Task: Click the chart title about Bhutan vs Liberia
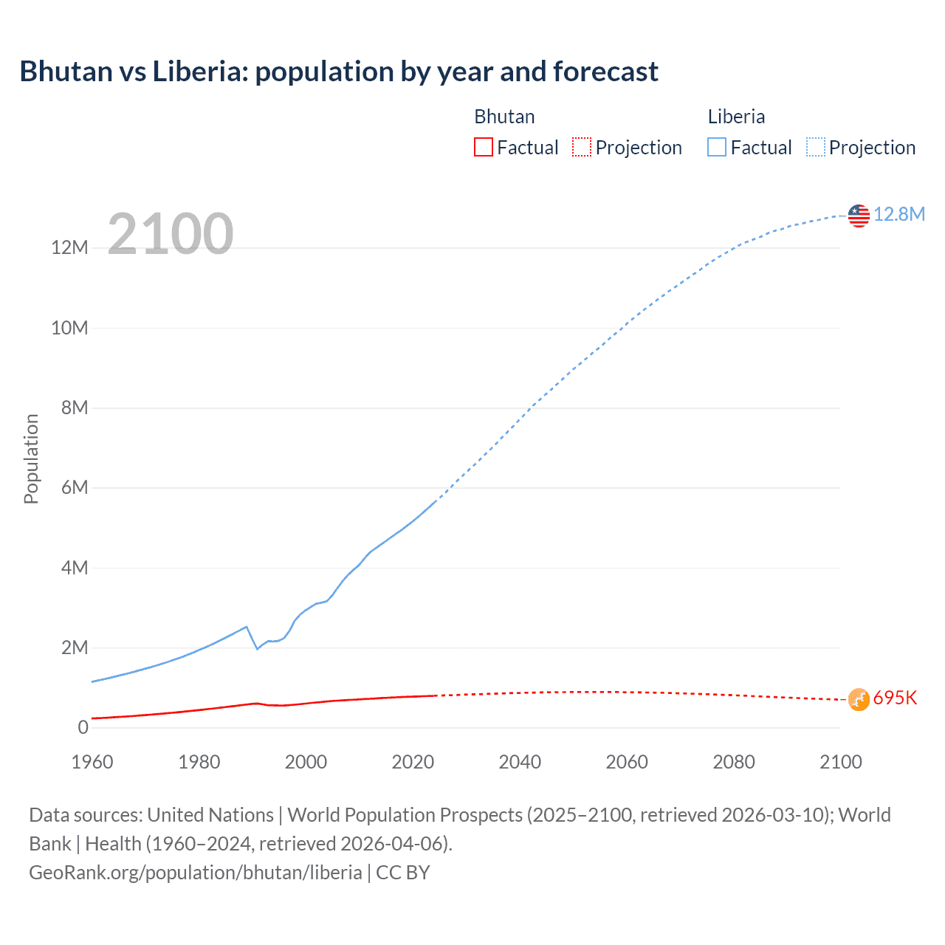tap(339, 72)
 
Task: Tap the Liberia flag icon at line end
tap(859, 216)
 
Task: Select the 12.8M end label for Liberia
tap(898, 214)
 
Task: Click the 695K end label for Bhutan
tap(895, 698)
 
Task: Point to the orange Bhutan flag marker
tap(859, 699)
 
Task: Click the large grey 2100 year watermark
tap(171, 234)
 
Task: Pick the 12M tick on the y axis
tap(69, 247)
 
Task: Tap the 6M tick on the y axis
tap(74, 487)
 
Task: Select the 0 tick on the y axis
tap(83, 727)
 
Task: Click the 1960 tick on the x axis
tap(92, 762)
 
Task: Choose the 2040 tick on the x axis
tap(520, 762)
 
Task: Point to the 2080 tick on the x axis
tap(734, 762)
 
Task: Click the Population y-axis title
tap(31, 458)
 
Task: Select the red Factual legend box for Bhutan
tap(483, 147)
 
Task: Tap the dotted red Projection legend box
tap(582, 147)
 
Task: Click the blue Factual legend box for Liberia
tap(717, 147)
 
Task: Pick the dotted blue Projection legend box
tap(815, 147)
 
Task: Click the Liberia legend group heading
tap(736, 117)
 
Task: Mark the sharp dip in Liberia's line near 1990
tap(257, 648)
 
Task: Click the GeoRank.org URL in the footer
tap(196, 873)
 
